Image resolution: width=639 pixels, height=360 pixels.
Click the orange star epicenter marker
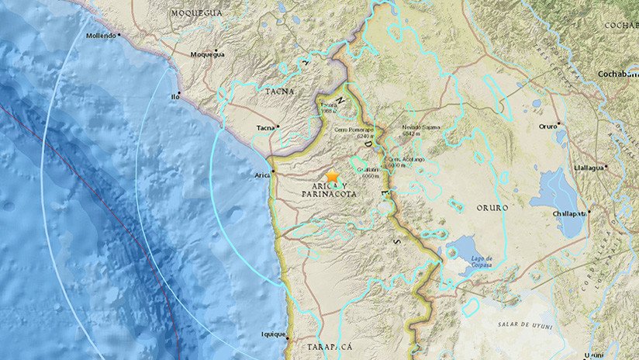tap(333, 178)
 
